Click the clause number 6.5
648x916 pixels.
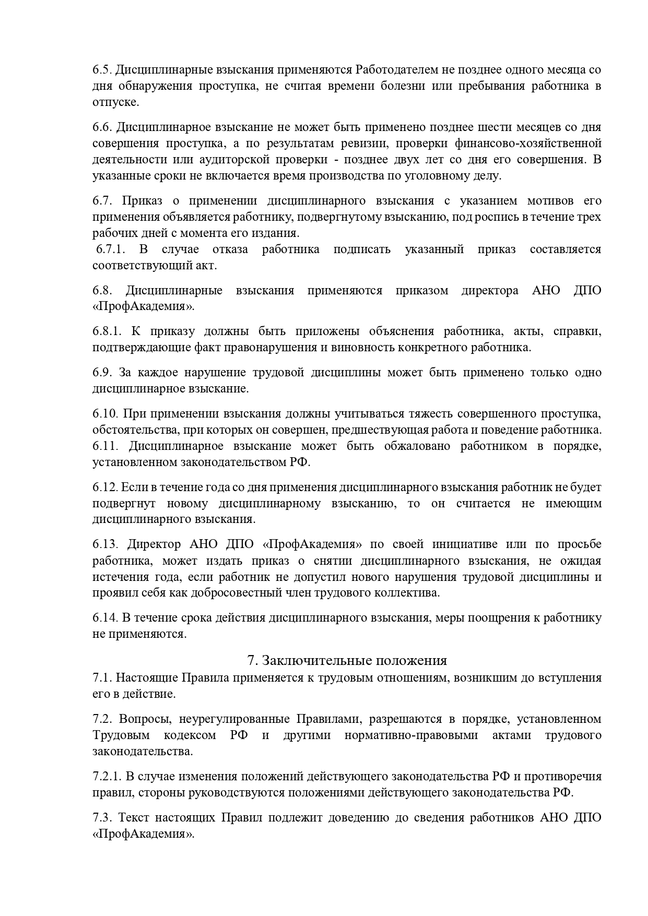[102, 69]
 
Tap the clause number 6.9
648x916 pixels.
[102, 372]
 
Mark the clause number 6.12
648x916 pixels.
[105, 487]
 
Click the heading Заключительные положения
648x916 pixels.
[347, 660]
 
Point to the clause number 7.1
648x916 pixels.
[101, 677]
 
